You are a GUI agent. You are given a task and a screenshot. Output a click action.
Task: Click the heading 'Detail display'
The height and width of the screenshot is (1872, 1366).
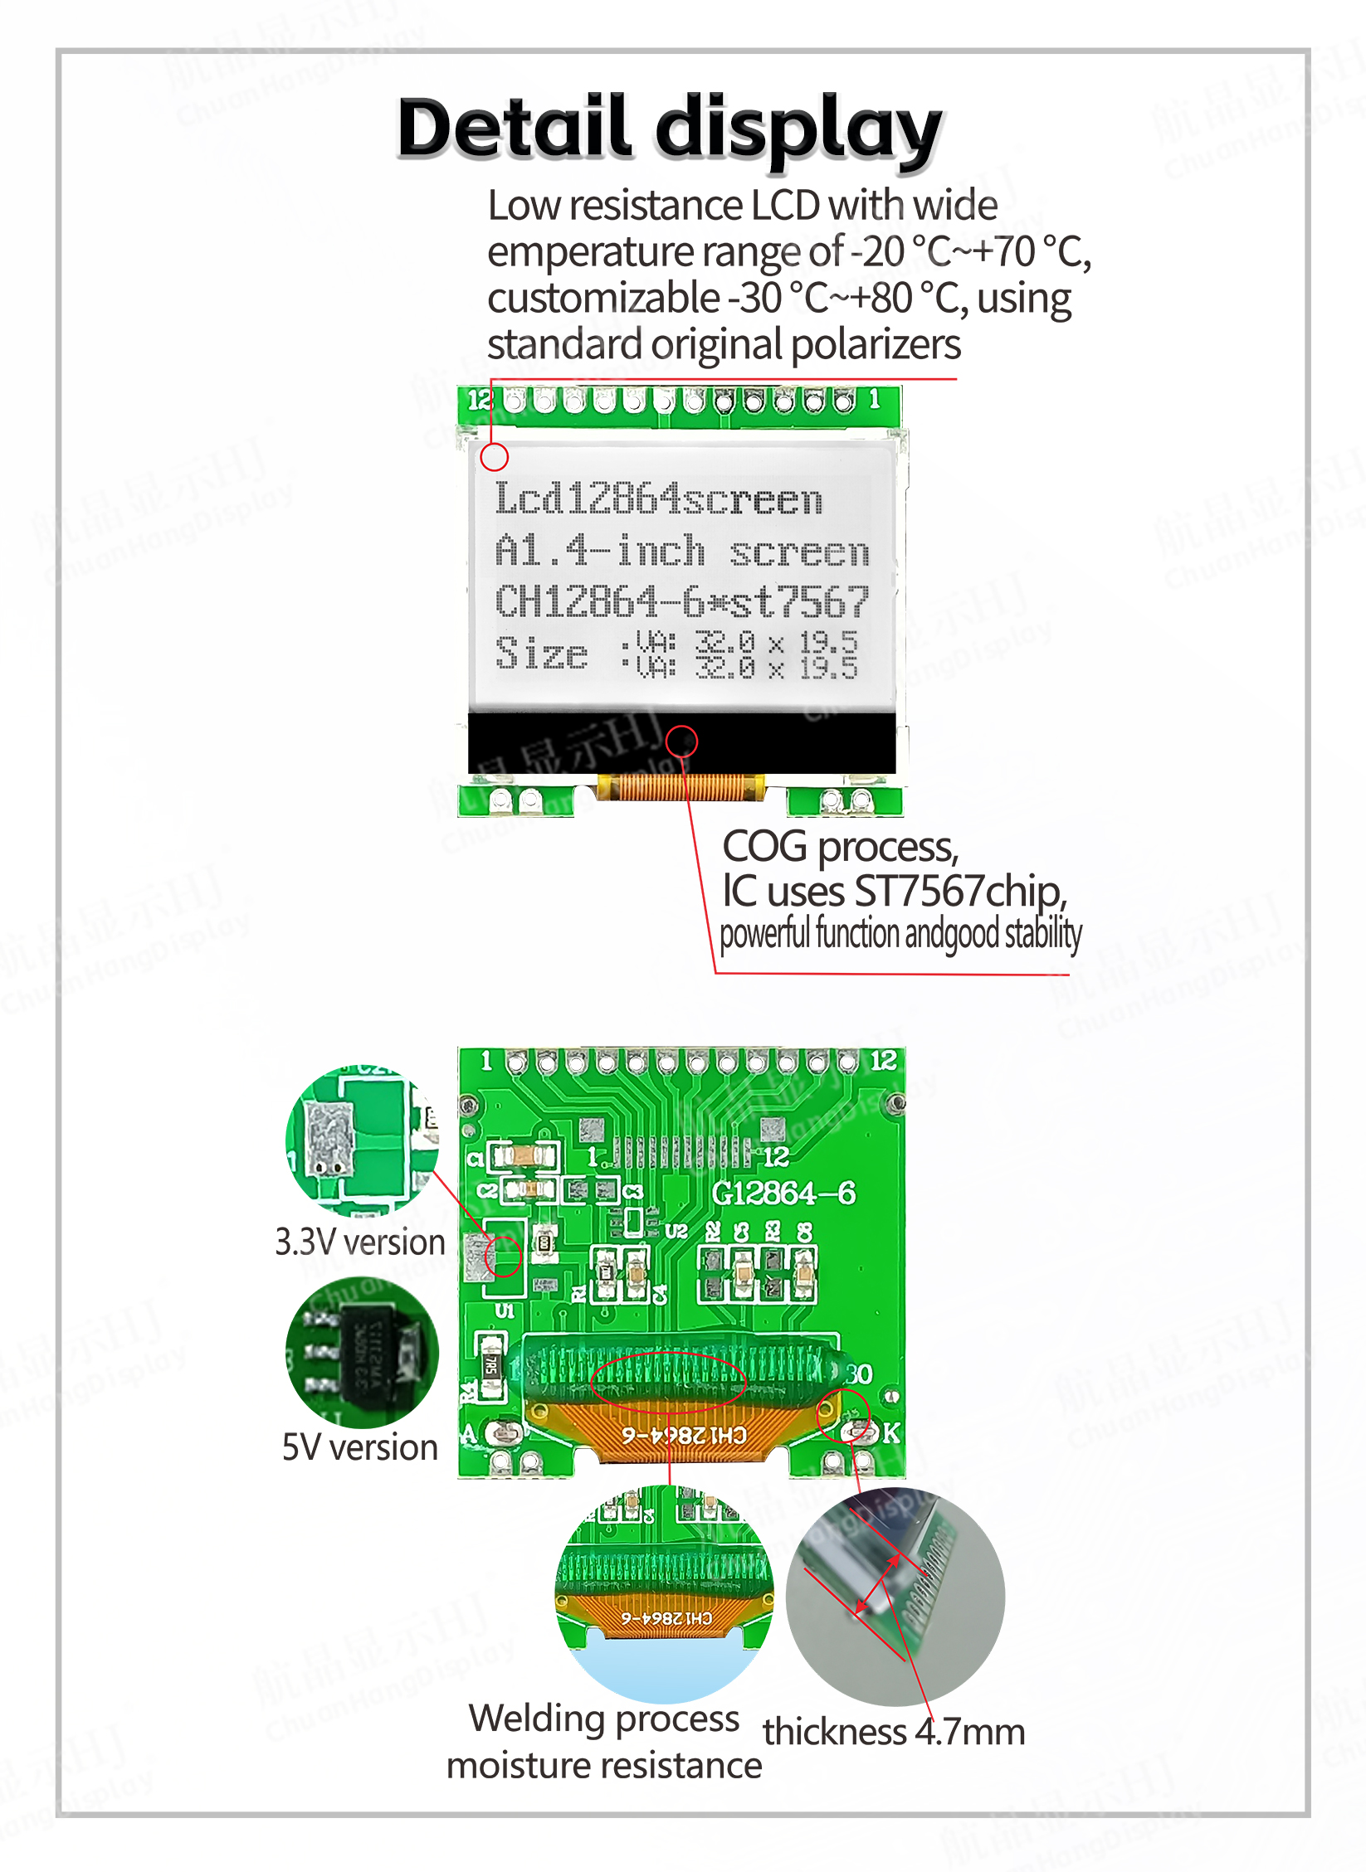tap(669, 129)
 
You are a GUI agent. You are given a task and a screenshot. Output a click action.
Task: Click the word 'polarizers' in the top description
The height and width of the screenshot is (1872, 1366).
tap(876, 345)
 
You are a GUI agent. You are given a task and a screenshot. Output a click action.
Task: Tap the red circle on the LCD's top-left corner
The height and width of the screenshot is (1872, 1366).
tap(495, 456)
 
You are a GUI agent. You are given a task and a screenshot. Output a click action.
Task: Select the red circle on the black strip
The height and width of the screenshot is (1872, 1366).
tap(682, 741)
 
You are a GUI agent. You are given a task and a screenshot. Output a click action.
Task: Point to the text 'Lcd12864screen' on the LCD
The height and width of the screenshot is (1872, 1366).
tap(658, 499)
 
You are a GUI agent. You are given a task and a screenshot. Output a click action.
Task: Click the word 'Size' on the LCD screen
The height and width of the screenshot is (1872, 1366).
tap(541, 654)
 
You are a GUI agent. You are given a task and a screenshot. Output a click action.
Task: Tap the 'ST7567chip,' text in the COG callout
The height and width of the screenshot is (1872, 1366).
tap(960, 892)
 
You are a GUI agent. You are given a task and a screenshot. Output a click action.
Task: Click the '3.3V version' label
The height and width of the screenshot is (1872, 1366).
tap(360, 1242)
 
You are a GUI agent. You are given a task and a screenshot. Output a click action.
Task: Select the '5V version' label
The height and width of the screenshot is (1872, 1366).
tap(360, 1447)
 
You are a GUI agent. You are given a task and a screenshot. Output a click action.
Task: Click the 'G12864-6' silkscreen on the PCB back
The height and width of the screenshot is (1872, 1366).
tap(783, 1193)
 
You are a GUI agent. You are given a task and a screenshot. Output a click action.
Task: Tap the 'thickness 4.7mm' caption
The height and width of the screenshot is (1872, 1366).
tap(894, 1732)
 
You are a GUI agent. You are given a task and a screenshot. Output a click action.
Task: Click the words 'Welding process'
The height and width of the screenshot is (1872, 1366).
tap(603, 1718)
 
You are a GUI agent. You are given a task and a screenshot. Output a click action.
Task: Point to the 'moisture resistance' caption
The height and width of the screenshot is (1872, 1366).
tap(603, 1765)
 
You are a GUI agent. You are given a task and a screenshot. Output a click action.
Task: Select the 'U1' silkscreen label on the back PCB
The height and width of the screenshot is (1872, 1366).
tap(505, 1311)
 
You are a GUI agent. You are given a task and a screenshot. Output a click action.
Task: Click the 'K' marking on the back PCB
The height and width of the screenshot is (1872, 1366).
tap(891, 1432)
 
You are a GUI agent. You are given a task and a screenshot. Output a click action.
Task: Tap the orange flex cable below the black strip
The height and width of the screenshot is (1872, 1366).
tap(681, 787)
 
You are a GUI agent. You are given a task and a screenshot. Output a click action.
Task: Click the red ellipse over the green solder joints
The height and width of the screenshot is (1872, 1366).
tap(669, 1381)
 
